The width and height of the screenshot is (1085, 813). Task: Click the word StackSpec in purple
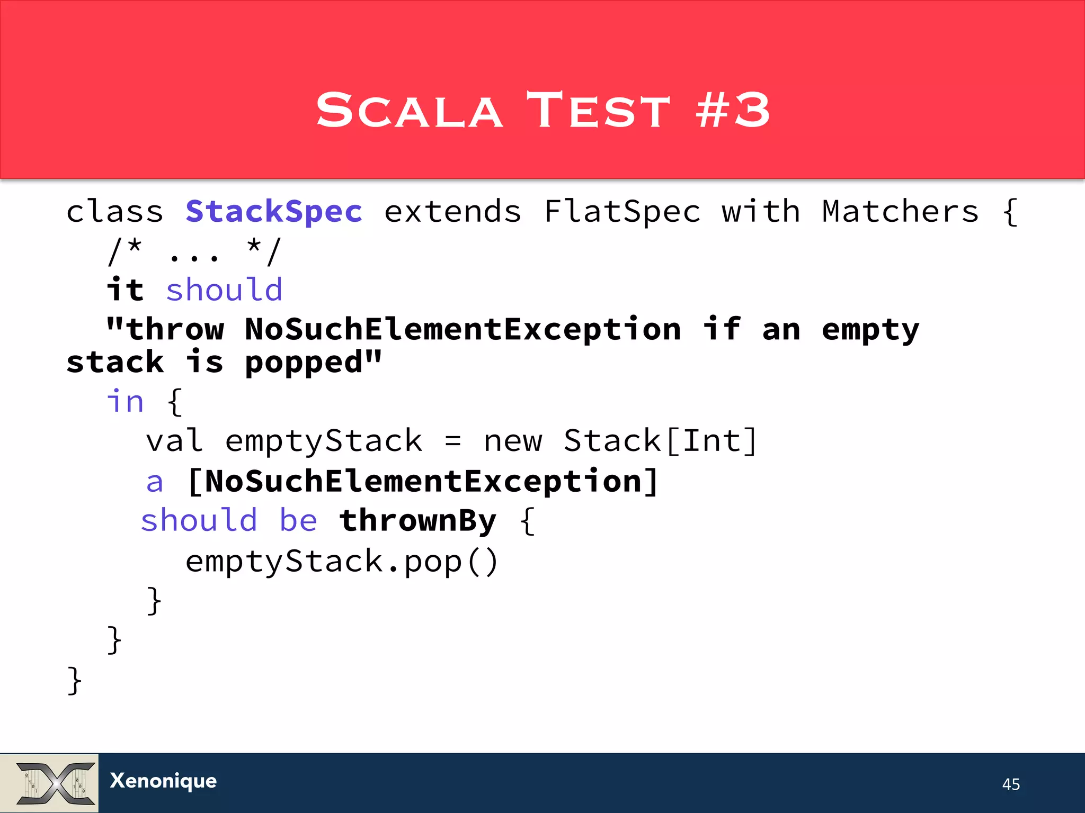(274, 212)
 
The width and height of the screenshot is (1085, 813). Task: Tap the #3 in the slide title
(733, 110)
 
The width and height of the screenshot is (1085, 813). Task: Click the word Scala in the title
(409, 110)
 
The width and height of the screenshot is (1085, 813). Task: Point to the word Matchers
(900, 212)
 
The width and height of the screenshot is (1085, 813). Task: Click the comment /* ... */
(194, 252)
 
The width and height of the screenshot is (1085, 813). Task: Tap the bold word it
(125, 290)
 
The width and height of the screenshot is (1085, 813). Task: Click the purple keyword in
(126, 401)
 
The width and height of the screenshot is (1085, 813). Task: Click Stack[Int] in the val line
(660, 441)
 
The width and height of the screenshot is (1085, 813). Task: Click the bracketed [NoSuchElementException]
(423, 482)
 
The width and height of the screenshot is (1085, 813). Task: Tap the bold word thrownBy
(418, 521)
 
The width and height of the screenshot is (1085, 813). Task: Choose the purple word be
(298, 521)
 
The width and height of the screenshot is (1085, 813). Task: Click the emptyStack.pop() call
(342, 562)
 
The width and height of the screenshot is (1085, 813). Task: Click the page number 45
(1011, 784)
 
